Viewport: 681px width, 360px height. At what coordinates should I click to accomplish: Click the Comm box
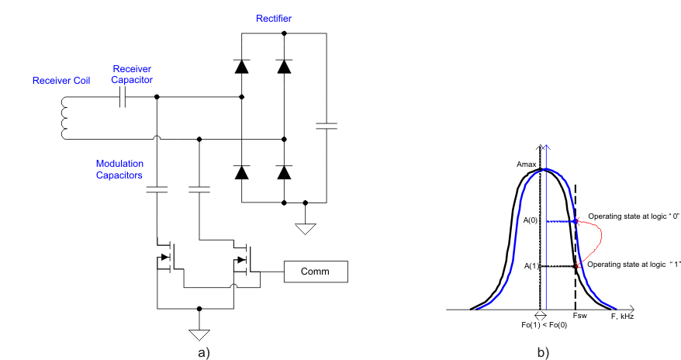316,272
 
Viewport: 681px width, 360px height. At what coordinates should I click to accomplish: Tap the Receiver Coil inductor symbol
63,119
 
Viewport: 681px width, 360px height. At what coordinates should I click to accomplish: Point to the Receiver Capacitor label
132,74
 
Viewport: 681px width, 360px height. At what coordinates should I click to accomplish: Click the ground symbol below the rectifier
306,227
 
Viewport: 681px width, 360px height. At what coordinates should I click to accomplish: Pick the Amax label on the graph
527,165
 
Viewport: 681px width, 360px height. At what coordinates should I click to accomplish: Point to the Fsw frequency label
579,317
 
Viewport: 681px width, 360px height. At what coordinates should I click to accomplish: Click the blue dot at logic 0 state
575,221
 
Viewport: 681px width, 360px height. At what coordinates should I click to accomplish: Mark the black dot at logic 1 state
575,266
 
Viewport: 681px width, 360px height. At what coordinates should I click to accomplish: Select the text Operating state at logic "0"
633,216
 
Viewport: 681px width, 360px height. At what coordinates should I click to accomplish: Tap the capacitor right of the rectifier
327,125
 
